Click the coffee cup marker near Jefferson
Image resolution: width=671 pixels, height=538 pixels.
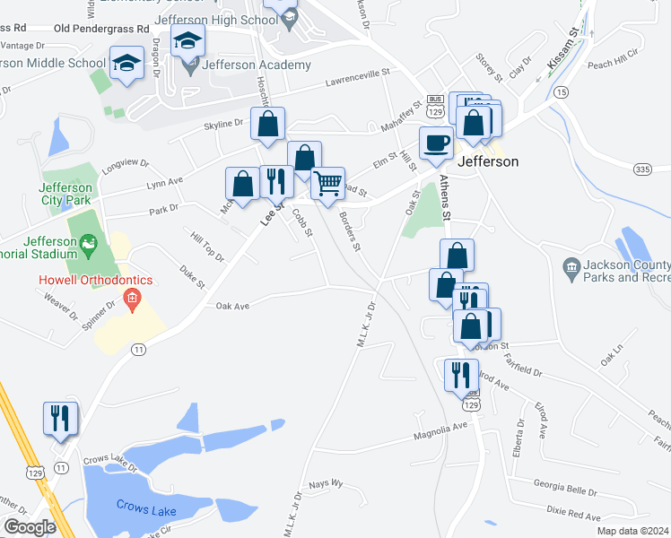[437, 143]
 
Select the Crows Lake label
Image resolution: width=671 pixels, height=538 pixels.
[146, 505]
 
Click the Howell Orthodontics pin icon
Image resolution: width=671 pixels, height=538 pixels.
[132, 298]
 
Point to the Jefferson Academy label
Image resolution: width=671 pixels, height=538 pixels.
[257, 65]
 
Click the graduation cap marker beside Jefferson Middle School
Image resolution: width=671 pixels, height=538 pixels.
[126, 63]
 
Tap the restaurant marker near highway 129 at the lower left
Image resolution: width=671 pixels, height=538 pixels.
[60, 419]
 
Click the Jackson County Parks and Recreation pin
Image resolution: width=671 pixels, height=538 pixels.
[571, 267]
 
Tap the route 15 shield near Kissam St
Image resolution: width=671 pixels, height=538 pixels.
[561, 92]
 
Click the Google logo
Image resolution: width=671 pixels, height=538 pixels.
[30, 527]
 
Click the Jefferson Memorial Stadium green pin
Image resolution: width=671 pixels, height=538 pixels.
[87, 242]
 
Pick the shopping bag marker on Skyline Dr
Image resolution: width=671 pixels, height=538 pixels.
[267, 124]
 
